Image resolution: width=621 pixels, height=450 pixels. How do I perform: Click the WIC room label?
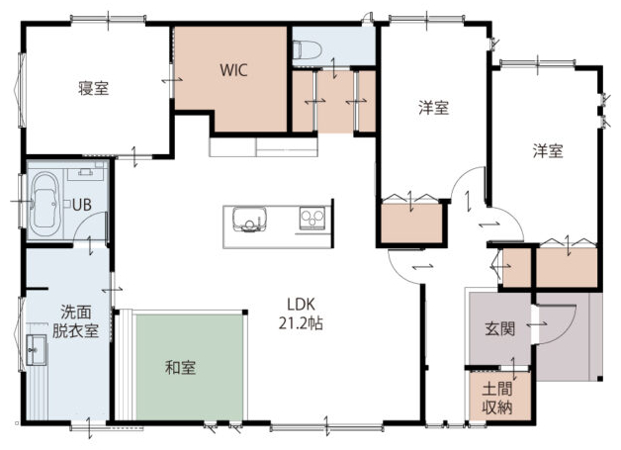(233, 70)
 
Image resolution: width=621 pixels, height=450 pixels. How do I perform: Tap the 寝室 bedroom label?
(94, 88)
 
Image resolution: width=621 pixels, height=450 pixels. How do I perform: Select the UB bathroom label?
(82, 205)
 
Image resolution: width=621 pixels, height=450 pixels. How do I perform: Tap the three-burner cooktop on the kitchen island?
(312, 218)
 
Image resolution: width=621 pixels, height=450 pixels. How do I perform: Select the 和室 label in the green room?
(180, 368)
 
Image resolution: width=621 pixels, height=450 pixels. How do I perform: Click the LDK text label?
(301, 305)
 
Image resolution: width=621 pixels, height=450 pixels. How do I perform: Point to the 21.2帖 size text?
(301, 323)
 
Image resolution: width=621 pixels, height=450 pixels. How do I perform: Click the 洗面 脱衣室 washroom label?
(75, 321)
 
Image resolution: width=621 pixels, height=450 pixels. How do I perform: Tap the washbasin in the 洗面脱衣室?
(37, 349)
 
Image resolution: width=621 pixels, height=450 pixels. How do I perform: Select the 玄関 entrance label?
(499, 328)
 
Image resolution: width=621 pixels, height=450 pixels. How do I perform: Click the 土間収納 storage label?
(497, 398)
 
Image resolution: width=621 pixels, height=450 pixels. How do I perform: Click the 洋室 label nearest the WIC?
(434, 108)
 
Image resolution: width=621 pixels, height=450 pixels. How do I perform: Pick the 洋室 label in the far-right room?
(548, 151)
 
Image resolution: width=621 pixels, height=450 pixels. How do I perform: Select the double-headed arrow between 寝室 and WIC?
(172, 80)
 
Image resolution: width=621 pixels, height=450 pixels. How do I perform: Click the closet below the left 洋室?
(411, 223)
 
